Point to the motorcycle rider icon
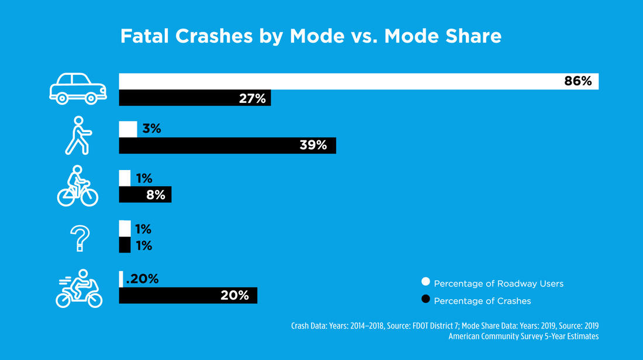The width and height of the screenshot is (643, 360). (x=79, y=288)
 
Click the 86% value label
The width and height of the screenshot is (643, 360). (x=578, y=81)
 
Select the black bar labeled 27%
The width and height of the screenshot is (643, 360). (x=195, y=98)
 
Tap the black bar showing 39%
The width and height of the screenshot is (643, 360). (x=227, y=146)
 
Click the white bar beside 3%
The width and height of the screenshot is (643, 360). (x=128, y=129)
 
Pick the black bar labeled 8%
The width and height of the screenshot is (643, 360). (x=145, y=194)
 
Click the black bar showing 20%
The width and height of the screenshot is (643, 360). (x=188, y=295)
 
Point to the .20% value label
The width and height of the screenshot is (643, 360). (x=142, y=279)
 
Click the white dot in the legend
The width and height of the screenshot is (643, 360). (x=426, y=283)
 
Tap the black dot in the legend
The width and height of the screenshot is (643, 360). (x=426, y=300)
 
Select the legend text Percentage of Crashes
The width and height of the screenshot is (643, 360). (x=482, y=300)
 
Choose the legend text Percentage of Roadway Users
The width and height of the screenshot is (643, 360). (x=499, y=283)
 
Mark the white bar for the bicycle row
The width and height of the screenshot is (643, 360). (x=125, y=178)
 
